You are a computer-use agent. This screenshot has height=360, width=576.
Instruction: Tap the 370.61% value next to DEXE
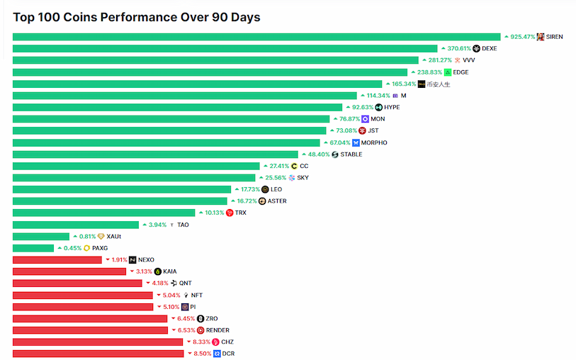pyautogui.click(x=458, y=49)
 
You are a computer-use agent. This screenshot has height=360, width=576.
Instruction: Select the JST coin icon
pyautogui.click(x=362, y=130)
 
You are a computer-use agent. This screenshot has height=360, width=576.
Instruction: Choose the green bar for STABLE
pyautogui.click(x=155, y=154)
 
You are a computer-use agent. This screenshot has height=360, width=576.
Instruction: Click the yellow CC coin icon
pyautogui.click(x=294, y=166)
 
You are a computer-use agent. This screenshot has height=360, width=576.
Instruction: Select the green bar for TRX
pyautogui.click(x=103, y=213)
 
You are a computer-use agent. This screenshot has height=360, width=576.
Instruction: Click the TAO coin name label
pyautogui.click(x=183, y=225)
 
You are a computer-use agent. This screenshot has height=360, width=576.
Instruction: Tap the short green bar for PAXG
pyautogui.click(x=33, y=248)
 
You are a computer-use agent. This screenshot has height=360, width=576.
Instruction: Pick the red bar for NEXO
pyautogui.click(x=57, y=260)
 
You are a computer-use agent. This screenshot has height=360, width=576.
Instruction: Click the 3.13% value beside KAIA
pyautogui.click(x=143, y=271)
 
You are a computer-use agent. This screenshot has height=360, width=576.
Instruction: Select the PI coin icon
pyautogui.click(x=184, y=307)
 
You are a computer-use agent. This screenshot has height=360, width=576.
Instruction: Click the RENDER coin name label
pyautogui.click(x=218, y=330)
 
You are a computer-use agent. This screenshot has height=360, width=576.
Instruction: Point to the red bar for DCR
pyautogui.click(x=98, y=354)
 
